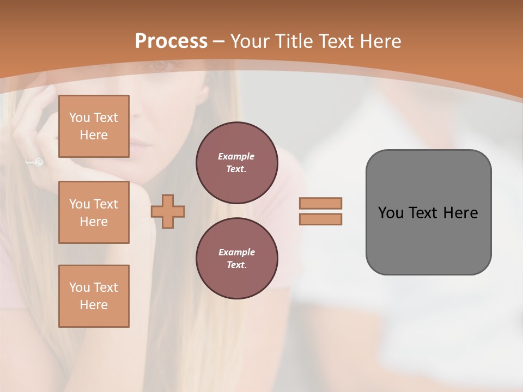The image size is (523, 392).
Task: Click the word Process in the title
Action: tap(171, 41)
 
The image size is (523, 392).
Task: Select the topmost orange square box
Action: tap(94, 126)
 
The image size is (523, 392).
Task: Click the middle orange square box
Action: tap(94, 212)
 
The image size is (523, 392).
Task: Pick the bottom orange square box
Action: tap(94, 296)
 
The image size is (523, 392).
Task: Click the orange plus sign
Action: tap(168, 212)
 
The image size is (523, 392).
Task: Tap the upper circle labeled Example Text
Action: tap(236, 163)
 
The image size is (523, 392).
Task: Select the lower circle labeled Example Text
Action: tap(236, 259)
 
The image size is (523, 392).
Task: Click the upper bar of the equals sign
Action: tap(320, 203)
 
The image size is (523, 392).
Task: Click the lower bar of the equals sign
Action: tap(320, 219)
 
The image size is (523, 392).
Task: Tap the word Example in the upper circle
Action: tap(236, 156)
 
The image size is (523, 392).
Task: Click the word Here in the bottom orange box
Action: tap(94, 305)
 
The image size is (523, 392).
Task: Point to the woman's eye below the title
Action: tap(160, 65)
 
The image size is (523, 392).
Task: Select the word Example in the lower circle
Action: tap(236, 252)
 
